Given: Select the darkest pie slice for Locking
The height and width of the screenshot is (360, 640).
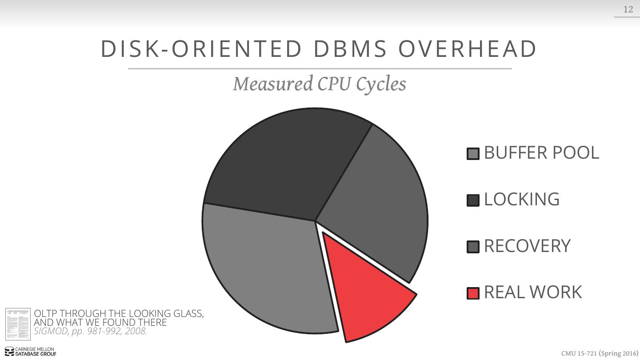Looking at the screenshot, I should [x=284, y=164].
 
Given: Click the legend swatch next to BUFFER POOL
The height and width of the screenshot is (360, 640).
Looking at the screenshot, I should [x=473, y=154].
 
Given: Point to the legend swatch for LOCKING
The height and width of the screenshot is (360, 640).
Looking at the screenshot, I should [x=473, y=200].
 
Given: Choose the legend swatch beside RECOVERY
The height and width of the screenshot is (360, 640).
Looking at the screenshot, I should [x=473, y=247].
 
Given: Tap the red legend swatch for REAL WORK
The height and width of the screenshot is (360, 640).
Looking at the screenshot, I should [x=473, y=293].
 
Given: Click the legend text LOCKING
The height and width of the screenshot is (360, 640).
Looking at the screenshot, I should [x=521, y=200].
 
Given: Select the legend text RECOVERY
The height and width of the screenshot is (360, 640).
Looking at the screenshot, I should [x=527, y=246].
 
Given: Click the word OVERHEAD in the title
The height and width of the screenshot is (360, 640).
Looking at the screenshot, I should [x=467, y=49].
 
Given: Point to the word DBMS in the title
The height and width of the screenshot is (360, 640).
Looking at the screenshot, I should [x=350, y=49].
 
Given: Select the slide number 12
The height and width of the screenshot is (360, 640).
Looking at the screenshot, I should [x=628, y=9].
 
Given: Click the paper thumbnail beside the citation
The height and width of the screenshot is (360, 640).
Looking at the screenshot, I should [x=18, y=324].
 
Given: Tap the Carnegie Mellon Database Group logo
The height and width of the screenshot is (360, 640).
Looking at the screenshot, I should [x=31, y=352].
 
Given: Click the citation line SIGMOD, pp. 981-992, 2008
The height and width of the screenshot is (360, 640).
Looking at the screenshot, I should [x=91, y=331].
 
